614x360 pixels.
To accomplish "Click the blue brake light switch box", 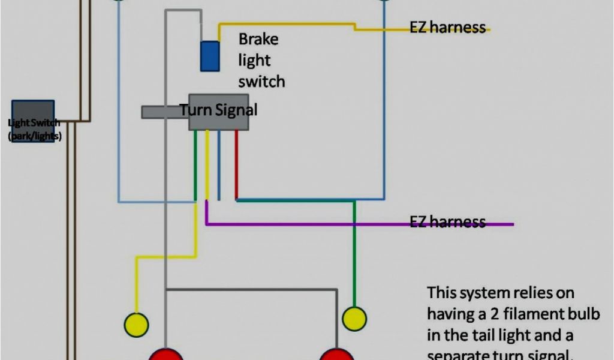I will [209, 56].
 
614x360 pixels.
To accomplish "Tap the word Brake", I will [258, 40].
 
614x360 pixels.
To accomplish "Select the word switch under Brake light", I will [261, 81].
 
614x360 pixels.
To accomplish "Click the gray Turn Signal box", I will [219, 112].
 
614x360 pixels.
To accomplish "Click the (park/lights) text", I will [35, 136].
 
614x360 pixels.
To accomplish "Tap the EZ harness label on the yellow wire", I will [447, 28].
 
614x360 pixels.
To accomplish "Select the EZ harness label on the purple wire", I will [447, 222].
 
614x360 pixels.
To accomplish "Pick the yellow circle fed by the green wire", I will [354, 319].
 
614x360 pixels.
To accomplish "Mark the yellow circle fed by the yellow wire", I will [136, 325].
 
